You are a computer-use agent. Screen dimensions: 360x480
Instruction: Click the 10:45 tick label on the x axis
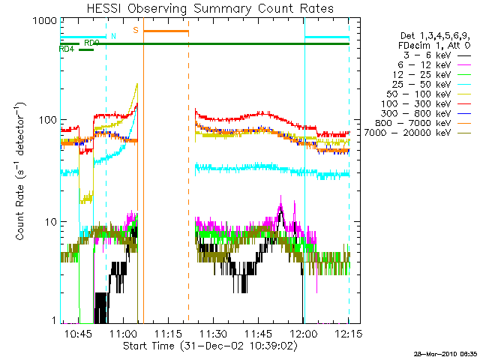tap(78, 332)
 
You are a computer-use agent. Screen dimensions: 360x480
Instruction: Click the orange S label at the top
tap(135, 31)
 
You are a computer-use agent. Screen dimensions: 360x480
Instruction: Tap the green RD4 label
tap(66, 49)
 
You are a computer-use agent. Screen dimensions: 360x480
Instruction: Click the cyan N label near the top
tap(113, 36)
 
